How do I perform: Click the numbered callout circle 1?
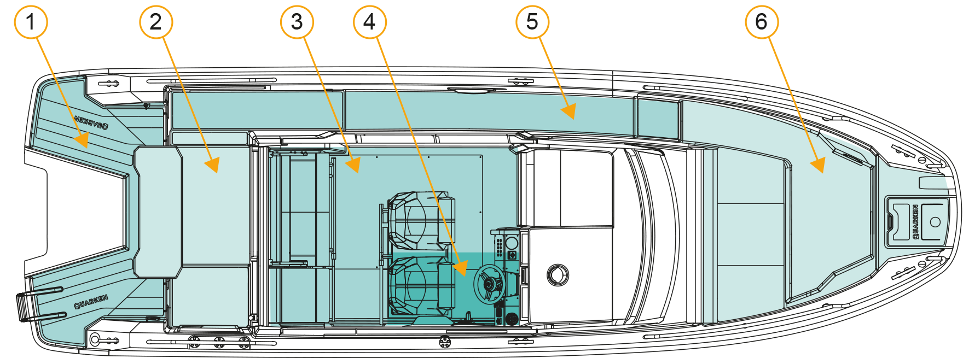31,22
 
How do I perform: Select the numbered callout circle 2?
156,22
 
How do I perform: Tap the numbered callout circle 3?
297,22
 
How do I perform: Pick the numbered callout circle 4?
370,22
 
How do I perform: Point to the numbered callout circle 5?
532,22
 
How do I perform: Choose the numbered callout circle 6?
762,22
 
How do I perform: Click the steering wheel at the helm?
488,283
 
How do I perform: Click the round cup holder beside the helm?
557,275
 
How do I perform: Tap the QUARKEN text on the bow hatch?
915,222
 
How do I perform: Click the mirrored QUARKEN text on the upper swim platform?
91,122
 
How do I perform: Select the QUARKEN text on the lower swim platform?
91,301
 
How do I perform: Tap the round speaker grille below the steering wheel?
512,319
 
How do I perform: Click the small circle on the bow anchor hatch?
935,222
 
